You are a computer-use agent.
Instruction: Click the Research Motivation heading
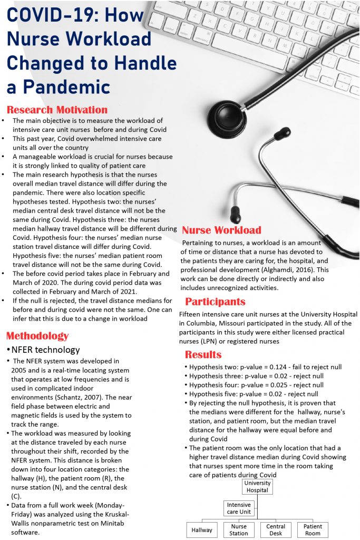tap(57, 110)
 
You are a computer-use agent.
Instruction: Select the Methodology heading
tap(37, 336)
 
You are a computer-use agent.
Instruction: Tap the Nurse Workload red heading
tap(221, 230)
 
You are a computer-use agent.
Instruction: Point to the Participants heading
tap(215, 302)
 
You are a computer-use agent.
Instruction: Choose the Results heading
tap(203, 354)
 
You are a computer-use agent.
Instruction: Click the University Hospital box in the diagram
tap(258, 486)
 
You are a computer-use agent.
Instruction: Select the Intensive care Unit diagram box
tap(239, 508)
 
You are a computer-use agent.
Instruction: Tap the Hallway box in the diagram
tap(201, 530)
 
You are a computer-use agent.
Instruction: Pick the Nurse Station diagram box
tap(238, 530)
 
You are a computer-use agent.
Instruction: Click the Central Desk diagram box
tap(276, 530)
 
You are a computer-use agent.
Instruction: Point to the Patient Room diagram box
tap(313, 530)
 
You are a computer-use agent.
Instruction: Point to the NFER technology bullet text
tap(45, 350)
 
